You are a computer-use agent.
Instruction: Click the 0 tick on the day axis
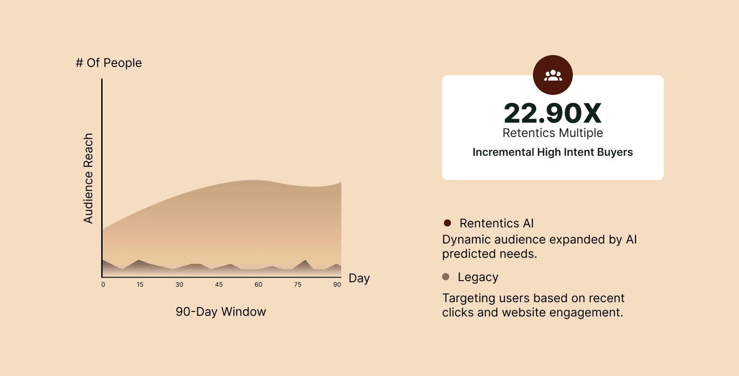point(103,285)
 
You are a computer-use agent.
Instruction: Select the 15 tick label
point(140,285)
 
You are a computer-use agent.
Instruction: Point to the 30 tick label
point(179,285)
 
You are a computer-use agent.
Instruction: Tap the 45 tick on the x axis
point(219,285)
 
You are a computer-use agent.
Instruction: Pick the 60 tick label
point(258,285)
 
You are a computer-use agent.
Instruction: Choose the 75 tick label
point(297,285)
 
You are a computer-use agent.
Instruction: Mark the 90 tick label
point(337,285)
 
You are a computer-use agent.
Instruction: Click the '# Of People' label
point(109,63)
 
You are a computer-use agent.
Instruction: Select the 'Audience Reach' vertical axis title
point(88,179)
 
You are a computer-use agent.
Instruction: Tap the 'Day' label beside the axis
point(359,278)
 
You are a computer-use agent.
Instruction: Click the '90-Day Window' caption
point(221,312)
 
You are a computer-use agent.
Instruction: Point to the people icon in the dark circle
point(553,76)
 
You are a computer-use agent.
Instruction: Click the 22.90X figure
point(553,113)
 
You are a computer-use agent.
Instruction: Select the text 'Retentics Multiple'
point(553,133)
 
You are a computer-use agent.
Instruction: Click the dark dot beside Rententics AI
point(447,223)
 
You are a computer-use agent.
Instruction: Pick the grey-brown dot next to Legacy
point(446,277)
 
